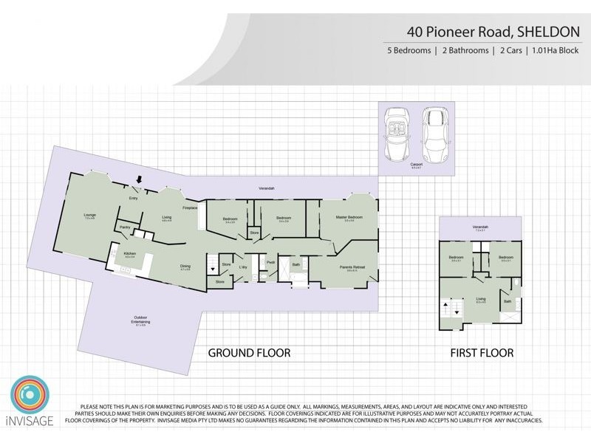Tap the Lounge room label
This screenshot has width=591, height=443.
pyautogui.click(x=90, y=216)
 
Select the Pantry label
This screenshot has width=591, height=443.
pyautogui.click(x=125, y=227)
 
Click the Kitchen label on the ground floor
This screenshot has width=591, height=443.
pyautogui.click(x=131, y=253)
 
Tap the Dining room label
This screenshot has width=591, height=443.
pyautogui.click(x=186, y=267)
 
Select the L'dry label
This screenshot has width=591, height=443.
pyautogui.click(x=242, y=267)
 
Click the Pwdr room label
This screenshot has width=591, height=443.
pyautogui.click(x=271, y=261)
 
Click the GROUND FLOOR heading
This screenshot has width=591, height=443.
pyautogui.click(x=248, y=354)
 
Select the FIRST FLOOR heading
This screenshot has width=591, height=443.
pyautogui.click(x=482, y=354)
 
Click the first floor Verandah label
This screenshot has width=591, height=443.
pyautogui.click(x=480, y=227)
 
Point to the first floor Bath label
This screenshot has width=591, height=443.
pyautogui.click(x=508, y=301)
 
